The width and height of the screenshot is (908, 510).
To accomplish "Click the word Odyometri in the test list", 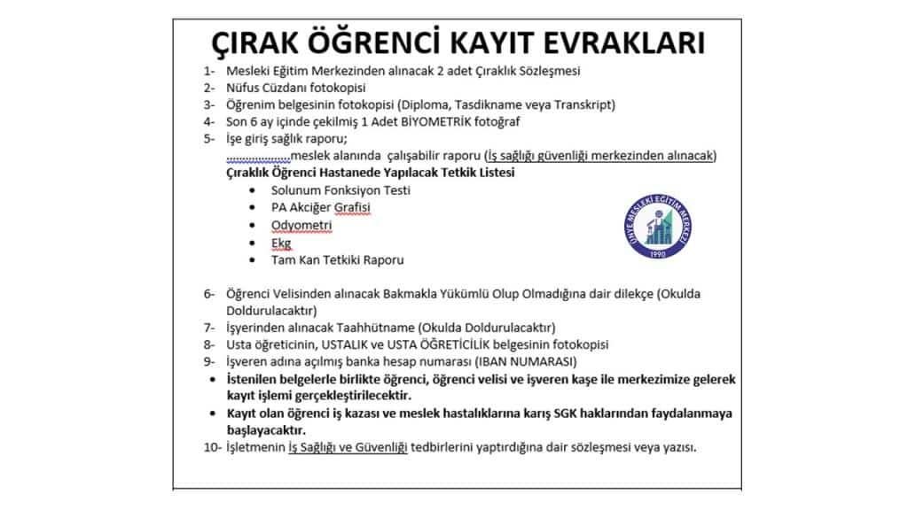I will coord(301,225).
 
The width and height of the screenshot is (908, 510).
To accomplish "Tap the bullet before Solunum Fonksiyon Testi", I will coord(254,190).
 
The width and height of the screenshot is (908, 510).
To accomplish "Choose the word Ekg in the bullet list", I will coord(281,243).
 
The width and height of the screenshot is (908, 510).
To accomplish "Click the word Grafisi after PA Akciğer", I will coord(352,208).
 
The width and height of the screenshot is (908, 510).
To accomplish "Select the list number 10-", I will coord(212,448).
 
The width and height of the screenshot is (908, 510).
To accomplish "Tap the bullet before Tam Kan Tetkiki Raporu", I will coord(254,260).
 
